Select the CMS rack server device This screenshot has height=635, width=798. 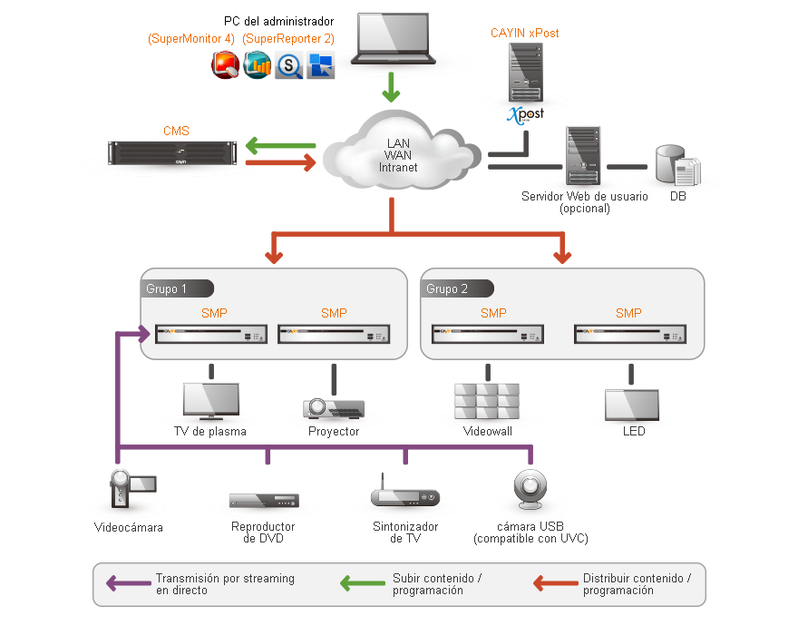coord(172,153)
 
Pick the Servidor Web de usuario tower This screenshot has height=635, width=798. coord(582,155)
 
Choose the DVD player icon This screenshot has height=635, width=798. coord(264,500)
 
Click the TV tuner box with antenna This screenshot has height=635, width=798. coord(404,495)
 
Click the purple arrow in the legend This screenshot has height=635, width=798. coord(127,583)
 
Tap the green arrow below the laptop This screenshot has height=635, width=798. coord(391,88)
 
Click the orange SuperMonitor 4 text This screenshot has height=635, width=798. coord(191,39)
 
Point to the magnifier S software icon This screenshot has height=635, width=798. coord(289,65)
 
